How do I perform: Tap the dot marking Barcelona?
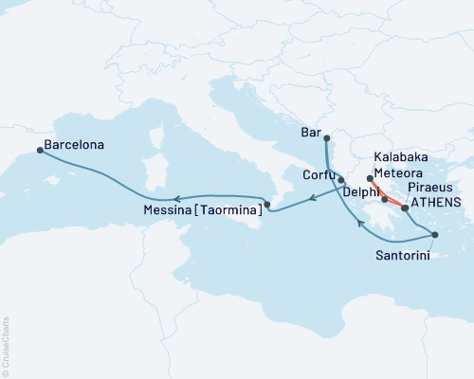point(39,150)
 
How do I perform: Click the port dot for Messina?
point(266,204)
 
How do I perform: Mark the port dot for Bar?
point(325,139)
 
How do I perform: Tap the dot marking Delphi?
point(384,200)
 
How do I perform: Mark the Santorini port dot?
point(434,234)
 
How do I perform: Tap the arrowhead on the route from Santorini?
point(357,225)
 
